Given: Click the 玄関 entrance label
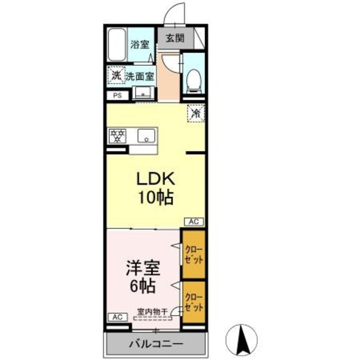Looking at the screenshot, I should click(174, 39).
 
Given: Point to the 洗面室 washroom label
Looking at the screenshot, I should click(138, 75).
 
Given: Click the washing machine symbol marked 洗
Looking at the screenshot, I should click(115, 75).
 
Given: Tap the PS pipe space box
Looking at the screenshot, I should click(118, 96).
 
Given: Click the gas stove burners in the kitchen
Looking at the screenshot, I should click(118, 136).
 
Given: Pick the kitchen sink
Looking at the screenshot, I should click(147, 136).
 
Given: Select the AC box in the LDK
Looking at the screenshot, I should click(192, 222).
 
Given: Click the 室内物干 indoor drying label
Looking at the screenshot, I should click(152, 309).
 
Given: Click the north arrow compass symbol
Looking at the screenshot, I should click(244, 339).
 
